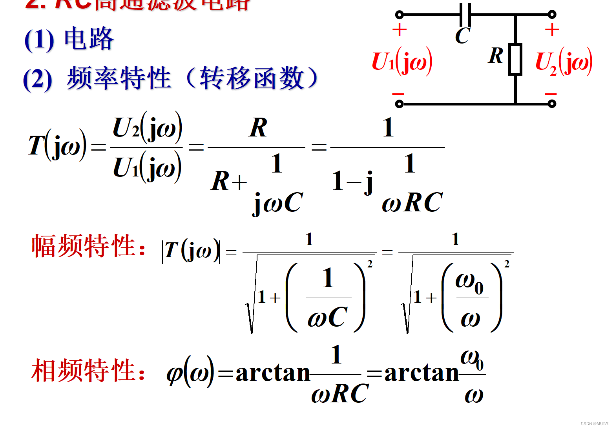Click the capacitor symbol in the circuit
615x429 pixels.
point(465,15)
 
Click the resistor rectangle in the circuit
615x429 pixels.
point(515,59)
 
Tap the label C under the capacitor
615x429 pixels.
point(462,36)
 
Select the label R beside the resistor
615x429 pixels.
point(496,55)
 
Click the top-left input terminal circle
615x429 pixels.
point(399,15)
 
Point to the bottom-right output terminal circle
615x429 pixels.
point(552,104)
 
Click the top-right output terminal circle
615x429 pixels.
point(552,15)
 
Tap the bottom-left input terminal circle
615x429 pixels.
point(399,104)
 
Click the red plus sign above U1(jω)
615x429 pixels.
point(400,30)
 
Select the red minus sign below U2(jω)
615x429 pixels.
point(551,94)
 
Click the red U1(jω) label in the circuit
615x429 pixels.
point(402,62)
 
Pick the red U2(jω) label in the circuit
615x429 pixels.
point(564,62)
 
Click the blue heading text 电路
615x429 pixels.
point(89,39)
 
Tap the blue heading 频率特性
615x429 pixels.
point(119,78)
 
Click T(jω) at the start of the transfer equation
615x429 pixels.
point(57,145)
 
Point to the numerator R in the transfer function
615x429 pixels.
point(258,128)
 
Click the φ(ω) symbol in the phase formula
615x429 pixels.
point(190,372)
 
